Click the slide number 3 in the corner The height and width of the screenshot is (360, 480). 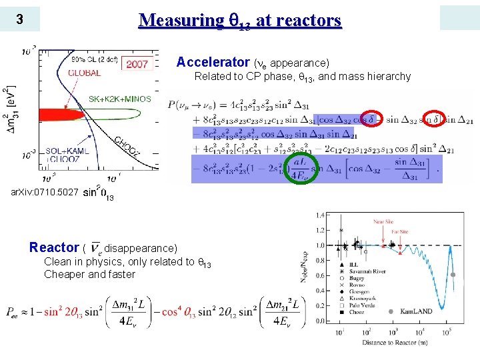point(20,20)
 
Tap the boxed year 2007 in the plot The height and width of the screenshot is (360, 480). point(137,64)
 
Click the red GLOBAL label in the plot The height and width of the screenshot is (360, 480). point(85,73)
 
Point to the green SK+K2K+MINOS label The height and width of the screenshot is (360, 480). point(120,99)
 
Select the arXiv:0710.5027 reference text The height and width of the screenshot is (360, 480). point(45,193)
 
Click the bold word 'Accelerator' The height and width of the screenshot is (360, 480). point(213,63)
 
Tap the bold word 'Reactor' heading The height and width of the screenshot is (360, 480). point(54,247)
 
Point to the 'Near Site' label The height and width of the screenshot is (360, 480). point(383,221)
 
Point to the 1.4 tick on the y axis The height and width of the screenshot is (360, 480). point(320,215)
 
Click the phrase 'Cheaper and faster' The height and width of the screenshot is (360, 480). point(89,275)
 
